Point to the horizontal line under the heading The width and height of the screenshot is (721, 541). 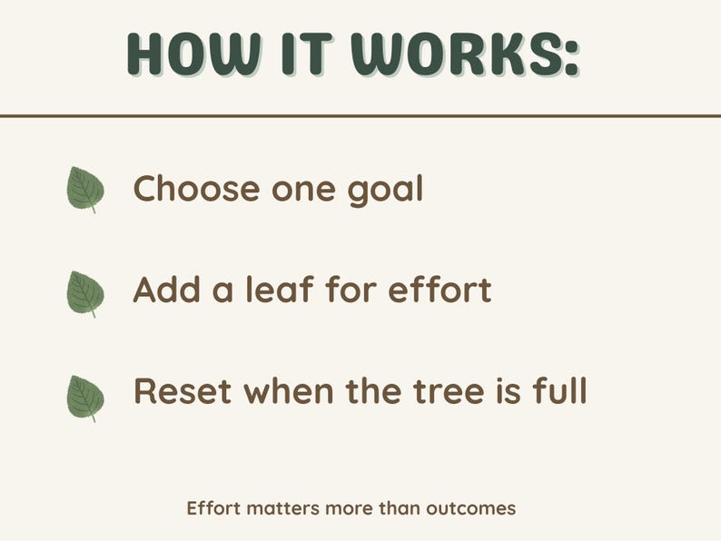coord(360,116)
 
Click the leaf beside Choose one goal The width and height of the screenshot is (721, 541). coord(85,190)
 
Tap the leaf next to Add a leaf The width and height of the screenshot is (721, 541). coord(85,293)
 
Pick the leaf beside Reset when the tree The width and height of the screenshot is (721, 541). coord(85,397)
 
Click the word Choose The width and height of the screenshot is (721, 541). coord(195,189)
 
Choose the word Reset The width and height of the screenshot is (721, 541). coord(183,392)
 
